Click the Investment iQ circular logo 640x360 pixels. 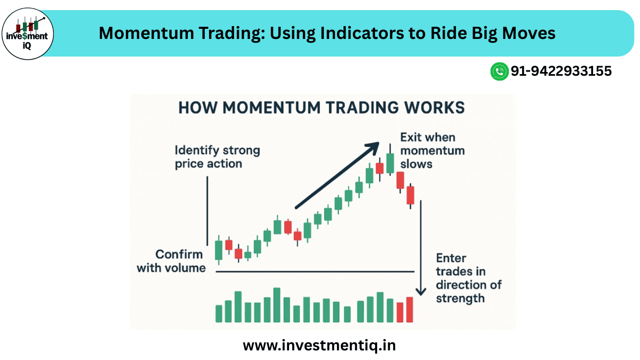click(x=28, y=33)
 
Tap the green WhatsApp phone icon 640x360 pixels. click(x=499, y=71)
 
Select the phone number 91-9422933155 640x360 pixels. click(x=561, y=71)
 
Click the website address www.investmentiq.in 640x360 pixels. click(x=319, y=345)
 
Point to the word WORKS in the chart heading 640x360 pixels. click(x=434, y=107)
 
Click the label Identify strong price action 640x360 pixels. click(x=217, y=157)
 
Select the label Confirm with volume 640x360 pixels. click(x=172, y=261)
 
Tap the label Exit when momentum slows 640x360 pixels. click(x=432, y=150)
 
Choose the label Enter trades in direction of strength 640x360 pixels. click(x=468, y=278)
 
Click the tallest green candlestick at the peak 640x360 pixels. click(x=390, y=162)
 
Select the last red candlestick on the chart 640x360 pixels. click(x=410, y=195)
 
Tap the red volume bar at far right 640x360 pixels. click(x=409, y=309)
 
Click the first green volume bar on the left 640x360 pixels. click(x=219, y=314)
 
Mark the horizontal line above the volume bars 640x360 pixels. click(x=315, y=271)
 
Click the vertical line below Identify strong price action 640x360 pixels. click(x=207, y=211)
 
